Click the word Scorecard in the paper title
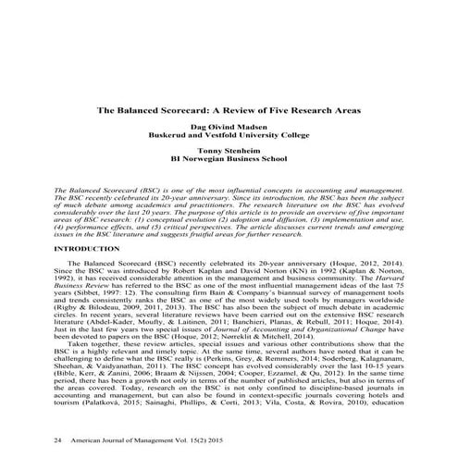(182, 107)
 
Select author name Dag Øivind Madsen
(229, 124)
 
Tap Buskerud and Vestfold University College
(229, 133)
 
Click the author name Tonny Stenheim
(229, 150)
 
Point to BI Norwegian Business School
(229, 159)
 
